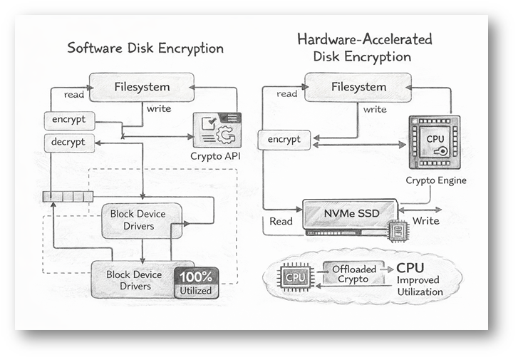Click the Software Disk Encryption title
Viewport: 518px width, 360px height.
tap(145, 49)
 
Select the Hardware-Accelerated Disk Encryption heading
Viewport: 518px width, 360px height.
tap(364, 47)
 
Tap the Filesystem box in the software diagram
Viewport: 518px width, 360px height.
tap(142, 88)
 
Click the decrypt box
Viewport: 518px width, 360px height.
tap(68, 142)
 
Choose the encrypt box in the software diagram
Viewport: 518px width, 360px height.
tap(68, 120)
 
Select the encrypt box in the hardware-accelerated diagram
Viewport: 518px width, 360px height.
tap(284, 140)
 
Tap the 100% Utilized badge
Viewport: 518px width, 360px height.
tap(197, 283)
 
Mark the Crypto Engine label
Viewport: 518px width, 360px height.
tap(436, 180)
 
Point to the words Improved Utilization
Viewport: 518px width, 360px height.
tap(420, 286)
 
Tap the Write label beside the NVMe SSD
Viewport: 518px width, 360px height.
tap(425, 221)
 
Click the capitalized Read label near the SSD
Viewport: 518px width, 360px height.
tap(281, 221)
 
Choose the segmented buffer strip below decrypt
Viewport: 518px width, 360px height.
tap(68, 196)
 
